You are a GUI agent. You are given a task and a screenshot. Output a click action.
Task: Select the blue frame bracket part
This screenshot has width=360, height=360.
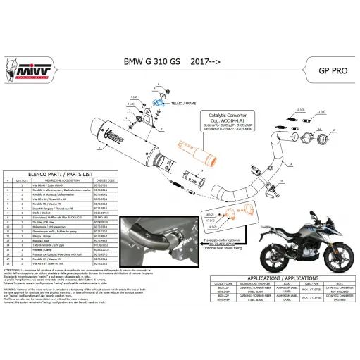163,104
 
